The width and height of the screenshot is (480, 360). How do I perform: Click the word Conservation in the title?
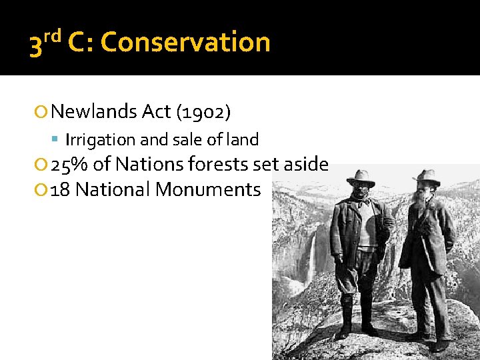point(185,43)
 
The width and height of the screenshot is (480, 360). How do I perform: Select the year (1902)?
point(203,112)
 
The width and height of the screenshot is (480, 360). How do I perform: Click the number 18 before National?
point(61,189)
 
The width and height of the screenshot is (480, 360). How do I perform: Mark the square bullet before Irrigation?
point(56,141)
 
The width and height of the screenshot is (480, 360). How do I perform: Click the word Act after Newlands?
point(157,111)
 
